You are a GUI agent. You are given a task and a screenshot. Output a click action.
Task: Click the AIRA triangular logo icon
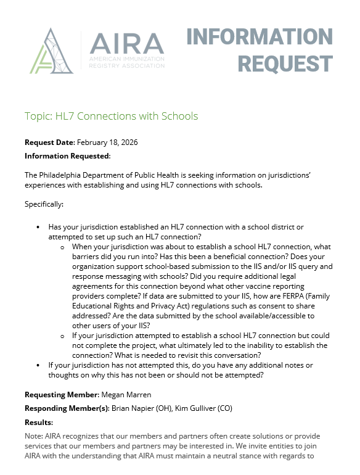coord(51,51)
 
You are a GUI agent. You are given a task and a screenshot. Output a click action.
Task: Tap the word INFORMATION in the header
coord(260,37)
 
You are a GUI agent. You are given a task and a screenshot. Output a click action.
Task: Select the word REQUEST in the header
coord(285,64)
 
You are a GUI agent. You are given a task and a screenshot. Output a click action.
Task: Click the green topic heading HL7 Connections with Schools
coord(111,116)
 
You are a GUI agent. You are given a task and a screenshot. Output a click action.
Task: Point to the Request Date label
coord(49,142)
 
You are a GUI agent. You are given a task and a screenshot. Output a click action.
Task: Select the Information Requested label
coord(67,156)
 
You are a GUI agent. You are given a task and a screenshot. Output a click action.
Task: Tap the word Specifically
coord(44,204)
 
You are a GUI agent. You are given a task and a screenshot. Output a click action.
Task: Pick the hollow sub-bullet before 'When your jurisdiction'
coord(62,247)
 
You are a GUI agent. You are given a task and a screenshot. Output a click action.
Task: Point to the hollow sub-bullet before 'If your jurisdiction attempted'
coord(62,336)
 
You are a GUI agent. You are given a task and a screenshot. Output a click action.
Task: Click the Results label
coord(38,423)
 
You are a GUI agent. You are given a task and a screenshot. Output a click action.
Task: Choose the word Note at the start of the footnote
coord(33,436)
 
